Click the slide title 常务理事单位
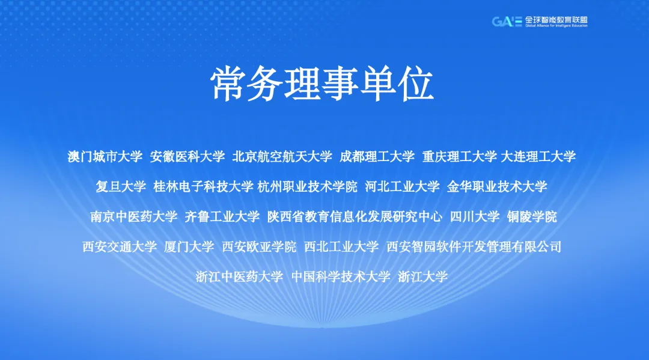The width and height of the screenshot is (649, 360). click(x=322, y=84)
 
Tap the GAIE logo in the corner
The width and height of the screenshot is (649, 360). click(x=539, y=22)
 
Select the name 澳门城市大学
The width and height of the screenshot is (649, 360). click(x=105, y=156)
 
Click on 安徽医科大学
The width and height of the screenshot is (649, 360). click(x=187, y=156)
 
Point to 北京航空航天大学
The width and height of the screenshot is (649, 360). click(x=282, y=156)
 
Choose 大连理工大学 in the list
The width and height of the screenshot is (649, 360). click(x=538, y=156)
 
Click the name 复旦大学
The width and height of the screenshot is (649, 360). click(x=121, y=187)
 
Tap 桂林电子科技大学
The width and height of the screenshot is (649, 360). click(x=203, y=187)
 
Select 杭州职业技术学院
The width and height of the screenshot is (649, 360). click(x=307, y=187)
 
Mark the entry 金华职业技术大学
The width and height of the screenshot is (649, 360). click(x=497, y=187)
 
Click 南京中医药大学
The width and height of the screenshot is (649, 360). click(x=133, y=217)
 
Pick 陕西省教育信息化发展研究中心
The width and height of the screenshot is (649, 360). click(x=355, y=217)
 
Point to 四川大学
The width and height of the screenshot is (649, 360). click(x=475, y=217)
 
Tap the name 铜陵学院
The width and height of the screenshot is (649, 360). click(x=532, y=217)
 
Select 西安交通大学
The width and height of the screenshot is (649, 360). click(x=120, y=247)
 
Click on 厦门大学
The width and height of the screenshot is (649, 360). click(x=189, y=247)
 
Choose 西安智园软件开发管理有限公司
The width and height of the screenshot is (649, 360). click(x=474, y=247)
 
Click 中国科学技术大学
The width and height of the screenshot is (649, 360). click(x=341, y=277)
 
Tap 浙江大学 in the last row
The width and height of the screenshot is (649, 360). click(x=423, y=277)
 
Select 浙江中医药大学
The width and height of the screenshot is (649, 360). click(x=239, y=277)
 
